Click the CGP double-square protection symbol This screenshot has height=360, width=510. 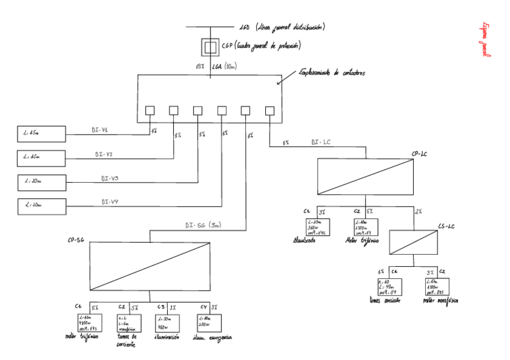[x=209, y=46]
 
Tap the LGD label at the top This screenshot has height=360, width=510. [x=244, y=28]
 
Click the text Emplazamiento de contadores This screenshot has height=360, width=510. [x=332, y=73]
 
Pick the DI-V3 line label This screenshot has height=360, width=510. [x=109, y=178]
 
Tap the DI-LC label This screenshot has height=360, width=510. [x=321, y=142]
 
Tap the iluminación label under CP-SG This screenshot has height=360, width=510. [x=166, y=338]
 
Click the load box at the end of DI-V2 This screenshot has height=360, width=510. [x=41, y=158]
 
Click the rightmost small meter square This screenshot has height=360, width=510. [x=269, y=111]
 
